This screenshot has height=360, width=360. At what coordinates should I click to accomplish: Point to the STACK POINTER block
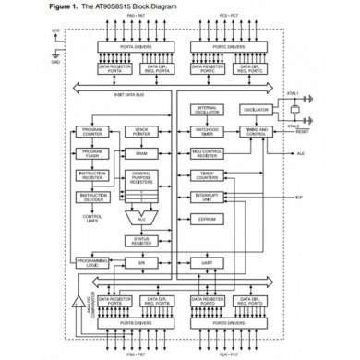coord(141,132)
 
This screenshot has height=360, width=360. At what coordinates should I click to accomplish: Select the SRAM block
coord(141,152)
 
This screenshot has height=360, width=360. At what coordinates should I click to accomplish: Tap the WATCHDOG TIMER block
coord(208,132)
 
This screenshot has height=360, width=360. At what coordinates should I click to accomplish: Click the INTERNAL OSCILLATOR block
coord(208,110)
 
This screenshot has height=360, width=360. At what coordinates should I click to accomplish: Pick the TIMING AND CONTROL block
coord(258,132)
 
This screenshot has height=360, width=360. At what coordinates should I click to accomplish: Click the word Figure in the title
coord(44,6)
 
